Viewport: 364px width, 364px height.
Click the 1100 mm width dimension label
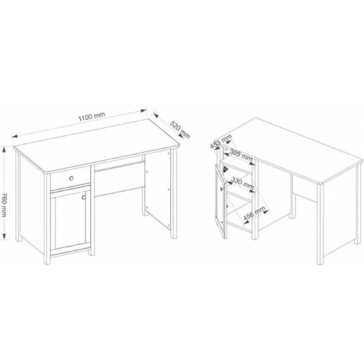(92, 116)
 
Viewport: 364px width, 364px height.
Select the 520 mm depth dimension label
(180, 130)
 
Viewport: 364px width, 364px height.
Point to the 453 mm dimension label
(221, 141)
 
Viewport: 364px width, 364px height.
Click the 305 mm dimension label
(240, 154)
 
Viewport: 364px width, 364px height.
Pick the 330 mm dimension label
(242, 183)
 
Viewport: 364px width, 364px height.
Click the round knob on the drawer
(71, 178)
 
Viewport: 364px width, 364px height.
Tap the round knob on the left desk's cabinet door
(84, 197)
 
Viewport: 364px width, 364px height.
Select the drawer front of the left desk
(70, 178)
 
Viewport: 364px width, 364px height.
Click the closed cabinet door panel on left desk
(70, 221)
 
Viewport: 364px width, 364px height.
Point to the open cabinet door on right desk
(220, 201)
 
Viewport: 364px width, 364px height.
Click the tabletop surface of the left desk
(96, 146)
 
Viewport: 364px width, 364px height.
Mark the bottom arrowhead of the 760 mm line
(4, 236)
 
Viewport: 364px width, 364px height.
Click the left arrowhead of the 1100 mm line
(15, 136)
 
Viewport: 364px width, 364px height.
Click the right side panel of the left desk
(158, 189)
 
